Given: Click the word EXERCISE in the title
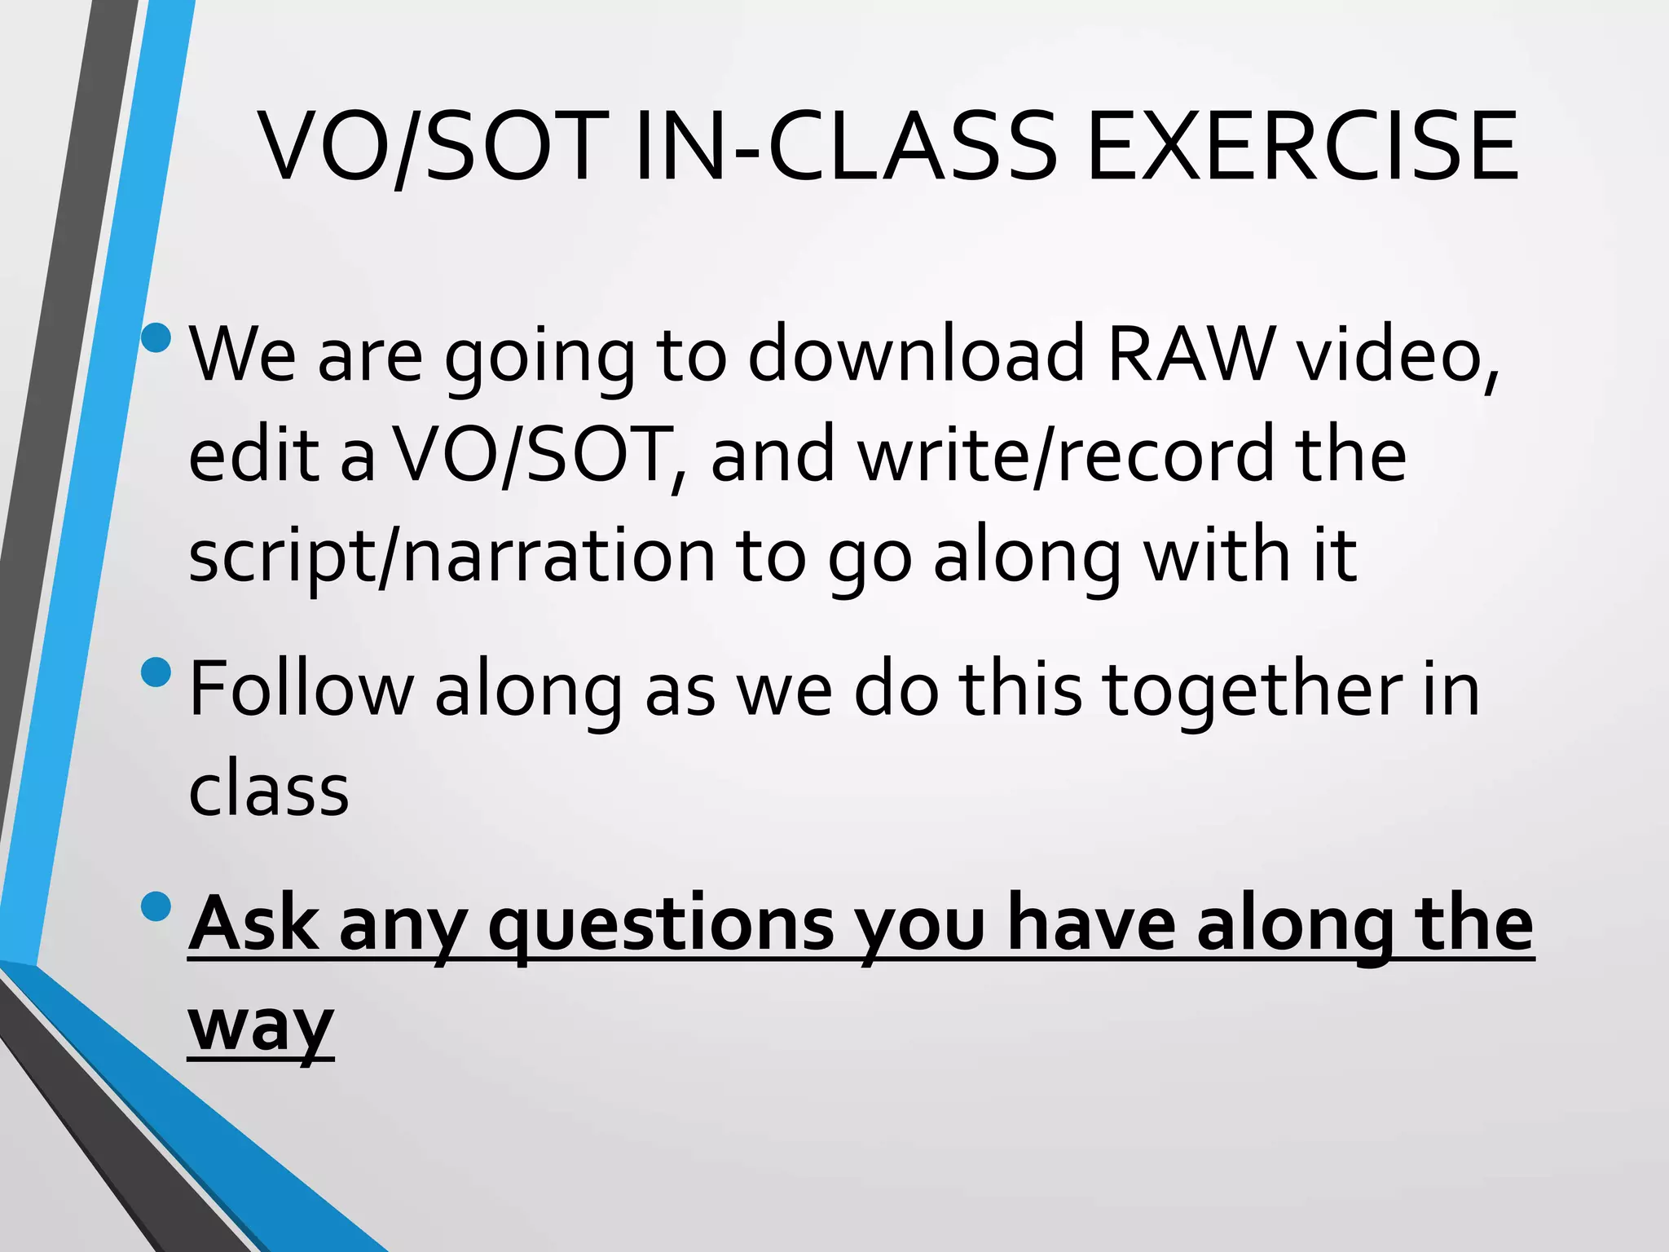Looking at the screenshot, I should pos(1301,147).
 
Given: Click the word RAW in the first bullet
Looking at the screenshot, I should pos(1191,355).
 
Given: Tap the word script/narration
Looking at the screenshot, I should pos(452,557).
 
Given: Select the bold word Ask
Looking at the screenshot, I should pos(253,924).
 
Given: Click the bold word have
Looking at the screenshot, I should pos(1092,924).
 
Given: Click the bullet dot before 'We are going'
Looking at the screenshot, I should pos(156,337).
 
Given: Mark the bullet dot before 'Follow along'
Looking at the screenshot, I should pos(156,672).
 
